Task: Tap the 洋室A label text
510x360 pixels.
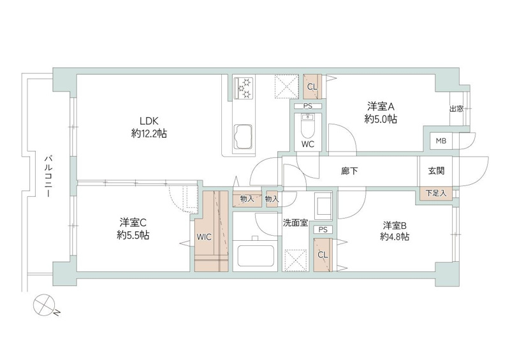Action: pyautogui.click(x=381, y=106)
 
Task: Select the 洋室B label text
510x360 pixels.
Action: pyautogui.click(x=395, y=225)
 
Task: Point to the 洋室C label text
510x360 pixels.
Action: pyautogui.click(x=133, y=222)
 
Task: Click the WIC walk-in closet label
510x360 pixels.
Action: pyautogui.click(x=204, y=236)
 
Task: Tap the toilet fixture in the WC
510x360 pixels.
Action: pyautogui.click(x=308, y=128)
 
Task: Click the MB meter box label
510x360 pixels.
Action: pyautogui.click(x=441, y=141)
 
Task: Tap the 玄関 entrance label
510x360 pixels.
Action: pyautogui.click(x=436, y=171)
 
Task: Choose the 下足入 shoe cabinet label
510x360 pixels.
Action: pyautogui.click(x=436, y=192)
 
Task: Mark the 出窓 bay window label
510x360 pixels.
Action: pyautogui.click(x=457, y=109)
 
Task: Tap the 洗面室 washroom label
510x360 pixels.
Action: pyautogui.click(x=296, y=222)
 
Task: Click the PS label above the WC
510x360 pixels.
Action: pyautogui.click(x=308, y=106)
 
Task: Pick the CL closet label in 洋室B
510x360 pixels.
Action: pyautogui.click(x=323, y=254)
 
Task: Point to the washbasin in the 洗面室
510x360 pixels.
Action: pyautogui.click(x=323, y=205)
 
